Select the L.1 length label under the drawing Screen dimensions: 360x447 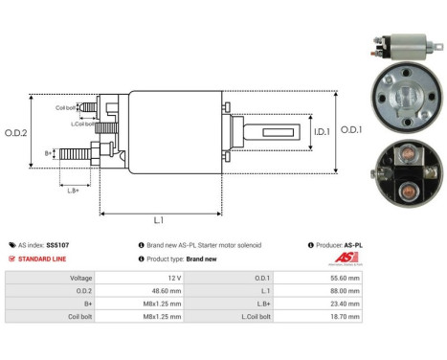click(160, 221)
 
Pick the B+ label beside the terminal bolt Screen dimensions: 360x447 click(49, 152)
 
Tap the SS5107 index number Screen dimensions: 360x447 click(58, 245)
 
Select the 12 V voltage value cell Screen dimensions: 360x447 click(170, 278)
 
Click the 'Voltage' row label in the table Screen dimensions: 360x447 click(79, 278)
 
